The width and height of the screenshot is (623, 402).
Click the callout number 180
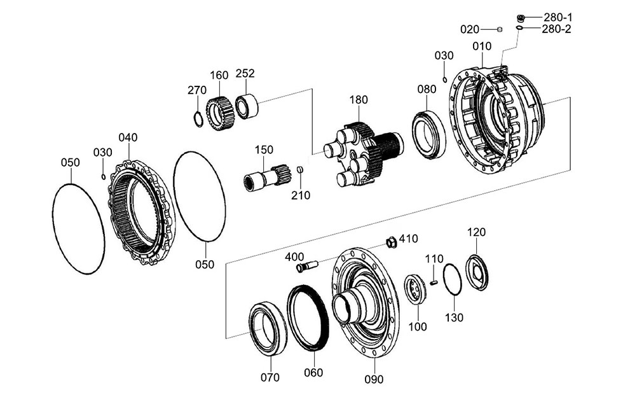(x=358, y=100)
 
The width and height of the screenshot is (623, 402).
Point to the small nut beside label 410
(x=392, y=242)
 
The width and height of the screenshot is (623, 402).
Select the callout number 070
(x=270, y=377)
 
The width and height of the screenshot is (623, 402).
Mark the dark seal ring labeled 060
(x=308, y=318)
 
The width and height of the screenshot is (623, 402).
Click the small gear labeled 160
(x=217, y=113)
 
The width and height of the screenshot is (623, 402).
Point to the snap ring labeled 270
(x=198, y=118)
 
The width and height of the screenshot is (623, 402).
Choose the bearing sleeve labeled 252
(x=245, y=105)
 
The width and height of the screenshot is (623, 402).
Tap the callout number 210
(x=301, y=195)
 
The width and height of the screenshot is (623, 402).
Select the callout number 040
(x=128, y=137)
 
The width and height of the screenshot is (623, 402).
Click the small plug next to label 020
(x=500, y=29)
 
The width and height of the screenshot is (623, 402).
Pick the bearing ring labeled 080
(x=429, y=134)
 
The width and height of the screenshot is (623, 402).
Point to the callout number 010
(x=482, y=46)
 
